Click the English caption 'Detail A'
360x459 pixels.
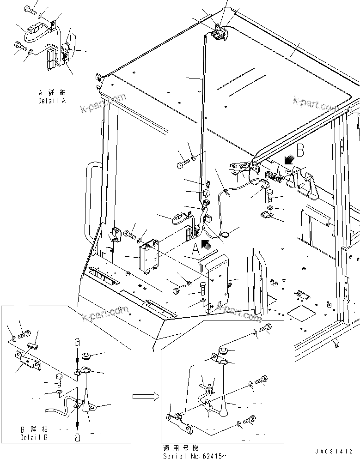[51, 100]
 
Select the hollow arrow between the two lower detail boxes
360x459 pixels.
[143, 396]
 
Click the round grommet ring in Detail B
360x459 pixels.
[85, 356]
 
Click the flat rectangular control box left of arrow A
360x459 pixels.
[150, 257]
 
